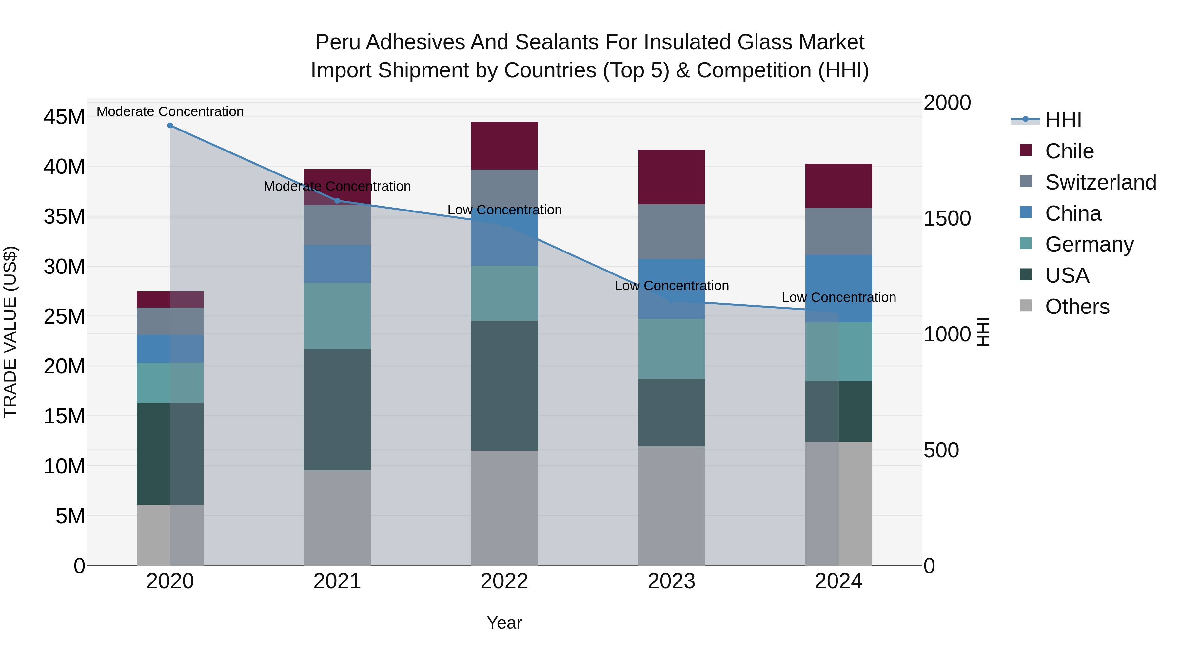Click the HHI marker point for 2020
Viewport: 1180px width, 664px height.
tap(170, 126)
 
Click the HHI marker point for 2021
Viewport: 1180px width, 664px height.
tap(337, 201)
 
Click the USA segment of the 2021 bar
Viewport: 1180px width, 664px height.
tap(337, 409)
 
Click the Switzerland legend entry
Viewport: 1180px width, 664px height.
tap(1100, 182)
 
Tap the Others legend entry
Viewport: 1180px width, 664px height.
tap(1077, 307)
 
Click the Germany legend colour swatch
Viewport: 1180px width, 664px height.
tap(1026, 243)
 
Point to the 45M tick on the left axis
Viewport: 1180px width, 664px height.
tap(64, 117)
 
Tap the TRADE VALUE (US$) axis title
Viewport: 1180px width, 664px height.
tap(10, 332)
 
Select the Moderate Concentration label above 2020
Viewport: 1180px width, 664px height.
tap(170, 111)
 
